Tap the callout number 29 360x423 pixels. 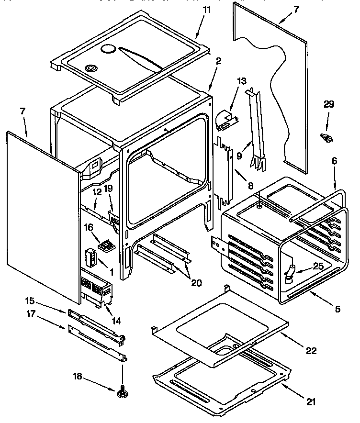click(329, 104)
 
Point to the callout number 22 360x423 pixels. click(311, 351)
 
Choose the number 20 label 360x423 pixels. click(196, 282)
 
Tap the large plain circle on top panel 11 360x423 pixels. click(109, 49)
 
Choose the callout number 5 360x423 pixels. click(337, 309)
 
